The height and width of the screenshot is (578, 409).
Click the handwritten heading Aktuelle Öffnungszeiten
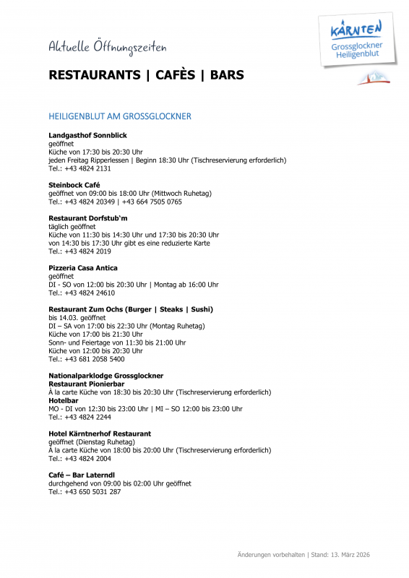pos(107,48)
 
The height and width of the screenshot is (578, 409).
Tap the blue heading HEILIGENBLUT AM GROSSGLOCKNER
pos(119,116)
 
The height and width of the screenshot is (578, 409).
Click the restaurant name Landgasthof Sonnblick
pos(87,135)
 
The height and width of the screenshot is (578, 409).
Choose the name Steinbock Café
pos(74,185)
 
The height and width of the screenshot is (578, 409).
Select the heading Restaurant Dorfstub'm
pos(87,218)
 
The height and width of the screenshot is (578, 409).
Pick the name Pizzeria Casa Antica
pos(82,268)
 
